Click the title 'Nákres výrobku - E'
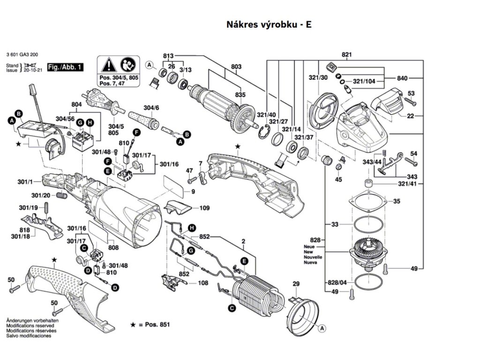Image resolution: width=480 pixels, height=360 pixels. click(269, 24)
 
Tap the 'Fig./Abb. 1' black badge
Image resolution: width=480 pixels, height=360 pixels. click(65, 68)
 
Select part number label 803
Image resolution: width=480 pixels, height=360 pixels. click(236, 67)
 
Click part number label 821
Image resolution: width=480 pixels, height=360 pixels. click(346, 55)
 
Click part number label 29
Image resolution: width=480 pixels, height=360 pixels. click(296, 284)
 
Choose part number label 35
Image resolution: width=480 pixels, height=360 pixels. click(397, 202)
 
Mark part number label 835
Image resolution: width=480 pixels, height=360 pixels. click(240, 95)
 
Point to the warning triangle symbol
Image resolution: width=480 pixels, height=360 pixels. click(108, 64)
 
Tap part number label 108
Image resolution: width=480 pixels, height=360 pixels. click(202, 283)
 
